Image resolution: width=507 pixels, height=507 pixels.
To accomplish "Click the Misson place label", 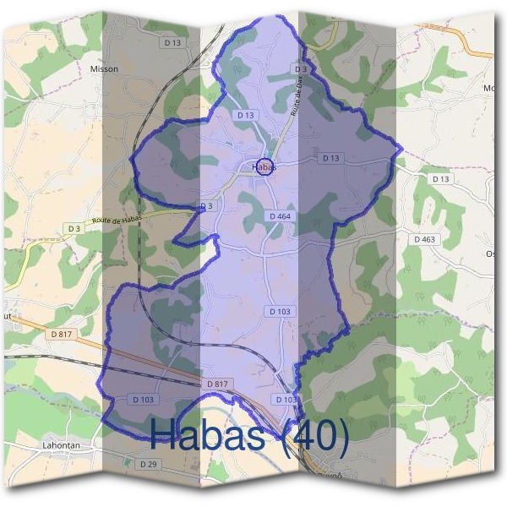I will (104, 69).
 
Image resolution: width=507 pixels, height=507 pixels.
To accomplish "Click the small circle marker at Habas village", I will (264, 166).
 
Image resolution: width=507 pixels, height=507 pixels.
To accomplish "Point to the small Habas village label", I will (264, 168).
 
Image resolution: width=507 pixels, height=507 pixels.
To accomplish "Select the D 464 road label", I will (281, 217).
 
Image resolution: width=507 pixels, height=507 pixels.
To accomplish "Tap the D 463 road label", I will (424, 239).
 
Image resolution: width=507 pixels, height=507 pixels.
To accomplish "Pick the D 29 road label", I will (148, 464).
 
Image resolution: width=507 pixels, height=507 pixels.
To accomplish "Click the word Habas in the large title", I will (211, 435).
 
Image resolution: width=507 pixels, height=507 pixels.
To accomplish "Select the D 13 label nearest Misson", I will (173, 42).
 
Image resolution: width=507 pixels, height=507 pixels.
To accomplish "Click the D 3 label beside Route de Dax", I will (300, 68).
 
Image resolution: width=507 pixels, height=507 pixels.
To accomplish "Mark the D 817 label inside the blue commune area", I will (217, 384).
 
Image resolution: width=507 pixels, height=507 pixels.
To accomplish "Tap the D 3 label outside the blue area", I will (74, 228).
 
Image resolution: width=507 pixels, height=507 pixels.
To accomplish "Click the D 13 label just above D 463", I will (440, 179).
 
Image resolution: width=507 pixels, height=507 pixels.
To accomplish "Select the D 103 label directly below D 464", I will (281, 312).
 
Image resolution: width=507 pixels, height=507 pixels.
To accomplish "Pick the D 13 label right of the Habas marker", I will (330, 158).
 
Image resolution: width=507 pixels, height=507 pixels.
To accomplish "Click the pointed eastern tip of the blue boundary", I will (402, 150).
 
